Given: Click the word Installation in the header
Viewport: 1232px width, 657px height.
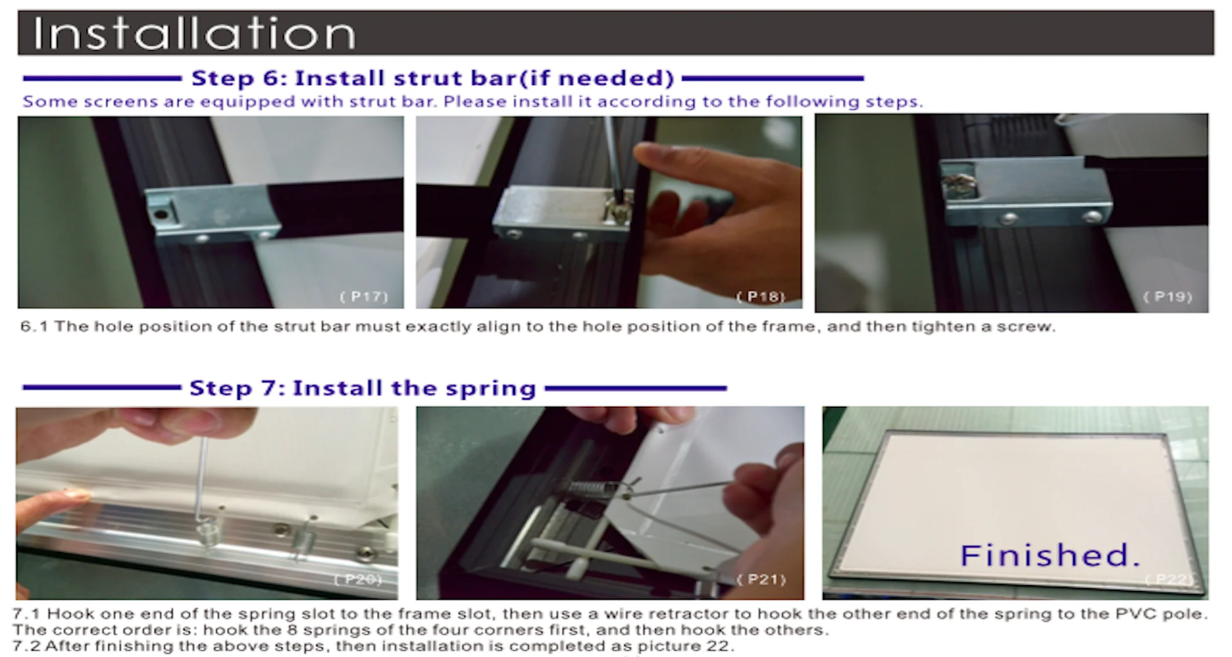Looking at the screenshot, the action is (x=194, y=33).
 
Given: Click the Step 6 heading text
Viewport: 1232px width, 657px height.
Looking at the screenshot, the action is (x=432, y=78).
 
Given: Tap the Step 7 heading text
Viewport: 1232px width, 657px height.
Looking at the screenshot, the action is (x=363, y=388).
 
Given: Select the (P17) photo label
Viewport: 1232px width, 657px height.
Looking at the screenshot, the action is (x=363, y=297).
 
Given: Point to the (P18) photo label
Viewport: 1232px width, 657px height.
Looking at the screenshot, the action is (x=760, y=297).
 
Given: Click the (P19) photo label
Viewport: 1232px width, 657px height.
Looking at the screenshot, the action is (x=1167, y=297).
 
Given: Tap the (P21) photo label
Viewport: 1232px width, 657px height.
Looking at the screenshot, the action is (x=761, y=579).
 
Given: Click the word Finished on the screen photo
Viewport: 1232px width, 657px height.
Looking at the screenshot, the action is (x=1049, y=555).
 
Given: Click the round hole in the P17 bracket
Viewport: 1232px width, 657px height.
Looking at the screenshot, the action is (x=162, y=214).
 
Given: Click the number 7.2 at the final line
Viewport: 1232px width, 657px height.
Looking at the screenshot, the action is (x=27, y=646).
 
